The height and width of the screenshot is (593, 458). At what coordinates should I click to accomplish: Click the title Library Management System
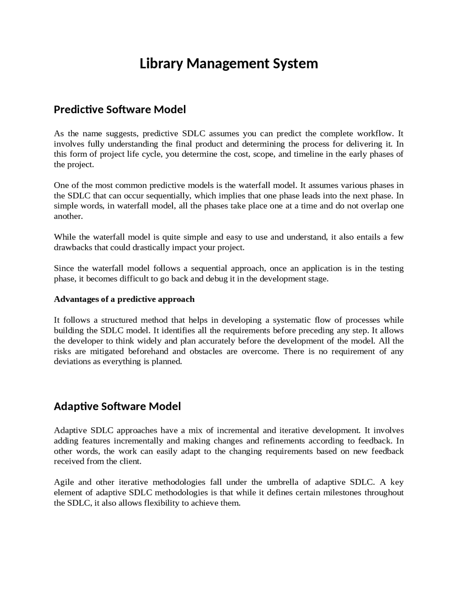pos(229,64)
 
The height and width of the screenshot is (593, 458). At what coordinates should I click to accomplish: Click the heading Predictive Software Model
pos(120,110)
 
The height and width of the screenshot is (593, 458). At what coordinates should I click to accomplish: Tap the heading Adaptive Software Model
pos(117,406)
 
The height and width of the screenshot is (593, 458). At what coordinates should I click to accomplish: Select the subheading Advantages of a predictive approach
pos(124,299)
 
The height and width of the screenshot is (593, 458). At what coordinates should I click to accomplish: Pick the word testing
pos(391,269)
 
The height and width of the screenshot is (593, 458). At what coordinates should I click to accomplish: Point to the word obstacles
pos(206,351)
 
